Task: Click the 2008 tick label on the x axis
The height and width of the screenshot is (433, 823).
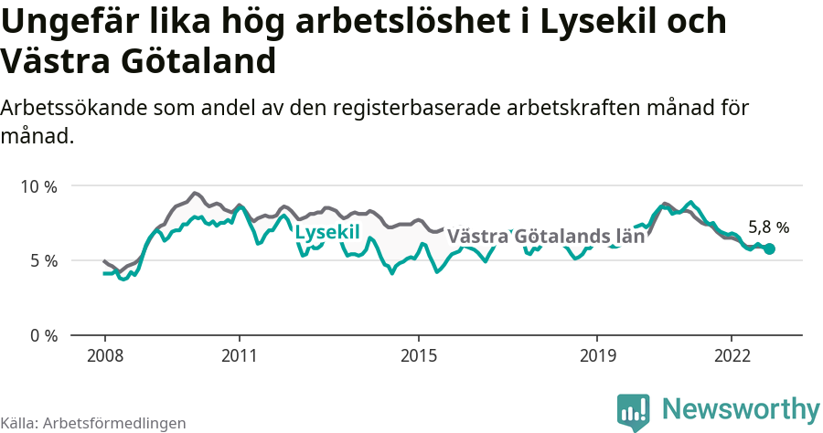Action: coord(104,354)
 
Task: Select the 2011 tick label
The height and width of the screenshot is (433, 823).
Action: coord(239,354)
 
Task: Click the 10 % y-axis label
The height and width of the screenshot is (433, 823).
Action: coord(38,186)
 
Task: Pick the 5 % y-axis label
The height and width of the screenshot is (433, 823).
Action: coord(43,261)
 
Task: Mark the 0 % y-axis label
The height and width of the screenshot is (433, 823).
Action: coord(43,335)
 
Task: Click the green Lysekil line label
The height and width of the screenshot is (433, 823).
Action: coord(326,232)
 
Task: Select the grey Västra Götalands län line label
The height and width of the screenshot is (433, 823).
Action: coord(546,236)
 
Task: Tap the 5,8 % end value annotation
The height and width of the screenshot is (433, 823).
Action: coord(768,227)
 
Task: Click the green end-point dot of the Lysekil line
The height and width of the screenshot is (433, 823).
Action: coord(769,248)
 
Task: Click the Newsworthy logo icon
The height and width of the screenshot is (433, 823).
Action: coord(634,412)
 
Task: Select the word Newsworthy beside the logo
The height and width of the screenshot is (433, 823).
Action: coord(741,408)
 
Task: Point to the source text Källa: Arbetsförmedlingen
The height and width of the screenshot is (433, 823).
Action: coord(93,423)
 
